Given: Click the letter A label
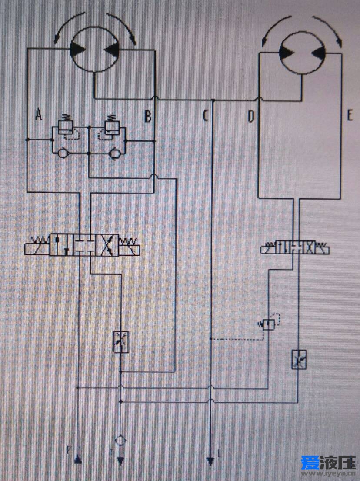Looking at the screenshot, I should [x=39, y=115].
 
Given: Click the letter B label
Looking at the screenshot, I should [x=148, y=117].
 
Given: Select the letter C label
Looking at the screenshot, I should [x=205, y=116].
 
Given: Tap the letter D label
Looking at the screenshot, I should [x=251, y=116].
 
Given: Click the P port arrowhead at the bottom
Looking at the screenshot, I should [x=78, y=459].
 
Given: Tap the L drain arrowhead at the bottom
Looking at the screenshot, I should [x=210, y=461].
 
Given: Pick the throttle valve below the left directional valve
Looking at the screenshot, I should [x=120, y=341].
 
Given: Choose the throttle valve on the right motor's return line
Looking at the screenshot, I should [x=299, y=359].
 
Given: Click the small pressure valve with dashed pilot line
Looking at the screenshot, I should [x=269, y=324].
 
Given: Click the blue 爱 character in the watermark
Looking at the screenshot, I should [x=308, y=462].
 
